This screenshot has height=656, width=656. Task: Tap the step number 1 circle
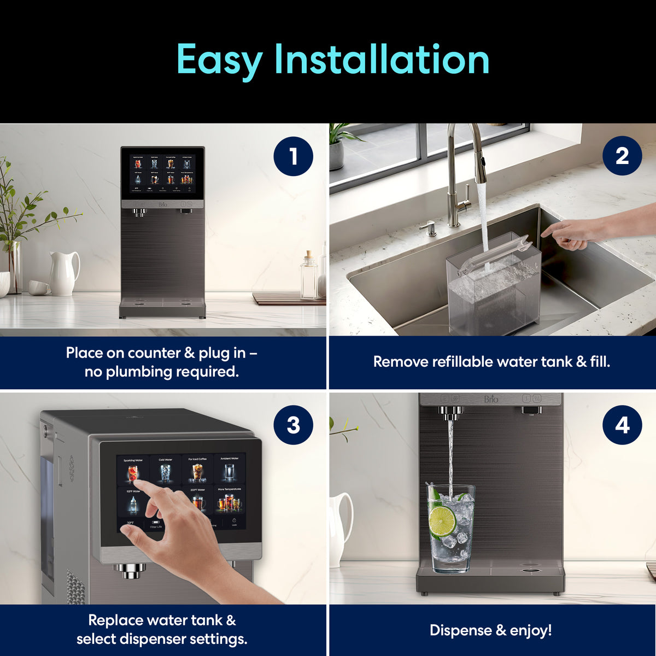[x=293, y=156]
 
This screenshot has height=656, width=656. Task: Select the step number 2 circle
[x=622, y=156]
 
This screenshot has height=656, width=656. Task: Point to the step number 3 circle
[x=293, y=425]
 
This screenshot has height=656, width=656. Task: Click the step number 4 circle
[x=622, y=425]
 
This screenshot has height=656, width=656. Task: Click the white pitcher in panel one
[x=64, y=273]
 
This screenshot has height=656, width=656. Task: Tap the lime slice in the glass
[x=442, y=521]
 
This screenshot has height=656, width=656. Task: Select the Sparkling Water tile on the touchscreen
[x=133, y=470]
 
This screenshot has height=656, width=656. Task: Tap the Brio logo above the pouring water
[x=491, y=400]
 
